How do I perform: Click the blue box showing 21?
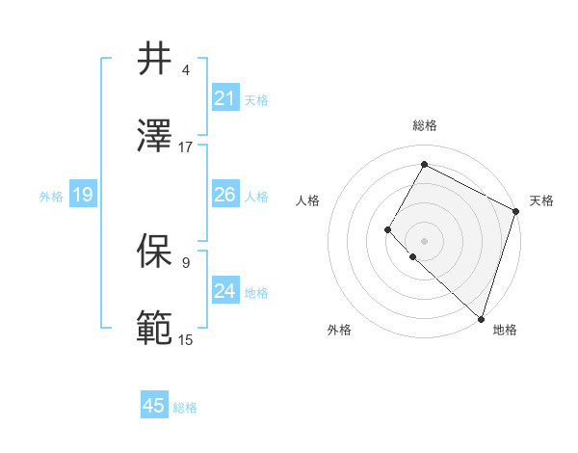pyautogui.click(x=225, y=98)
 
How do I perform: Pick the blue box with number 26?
pyautogui.click(x=225, y=196)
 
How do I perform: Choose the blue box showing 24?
pyautogui.click(x=225, y=291)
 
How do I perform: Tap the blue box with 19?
pyautogui.click(x=83, y=196)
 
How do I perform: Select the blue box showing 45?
pyautogui.click(x=154, y=406)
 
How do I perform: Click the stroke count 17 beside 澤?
pyautogui.click(x=186, y=147)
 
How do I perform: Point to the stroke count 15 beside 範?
pyautogui.click(x=186, y=339)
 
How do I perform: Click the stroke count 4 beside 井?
pyautogui.click(x=186, y=70)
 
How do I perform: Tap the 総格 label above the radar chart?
pyautogui.click(x=424, y=126)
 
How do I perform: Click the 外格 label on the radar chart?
pyautogui.click(x=339, y=331)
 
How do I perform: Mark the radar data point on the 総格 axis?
pyautogui.click(x=424, y=164)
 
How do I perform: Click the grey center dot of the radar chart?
pyautogui.click(x=424, y=240)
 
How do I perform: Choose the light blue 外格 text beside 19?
pyautogui.click(x=51, y=197)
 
